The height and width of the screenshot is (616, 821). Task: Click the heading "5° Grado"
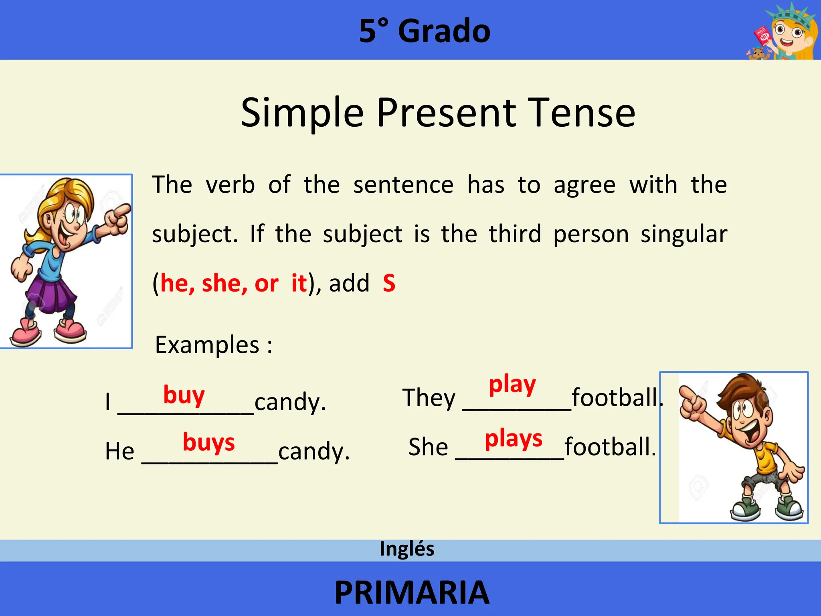point(425,31)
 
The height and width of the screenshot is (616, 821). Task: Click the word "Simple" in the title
point(302,113)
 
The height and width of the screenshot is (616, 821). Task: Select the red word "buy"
point(184,395)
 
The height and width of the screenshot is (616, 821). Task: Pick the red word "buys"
point(208,442)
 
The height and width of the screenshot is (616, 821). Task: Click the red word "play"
point(512,385)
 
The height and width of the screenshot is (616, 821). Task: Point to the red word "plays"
point(514,439)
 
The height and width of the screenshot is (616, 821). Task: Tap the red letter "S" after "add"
point(389,283)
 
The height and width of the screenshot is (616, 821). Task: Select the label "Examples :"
point(214,345)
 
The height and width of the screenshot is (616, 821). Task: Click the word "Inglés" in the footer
point(407,549)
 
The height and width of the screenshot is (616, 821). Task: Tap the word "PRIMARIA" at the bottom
point(412,593)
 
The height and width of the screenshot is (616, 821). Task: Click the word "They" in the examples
point(429,398)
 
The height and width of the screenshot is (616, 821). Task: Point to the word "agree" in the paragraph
point(584,185)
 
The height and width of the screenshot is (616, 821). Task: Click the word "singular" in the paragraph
point(683,234)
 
